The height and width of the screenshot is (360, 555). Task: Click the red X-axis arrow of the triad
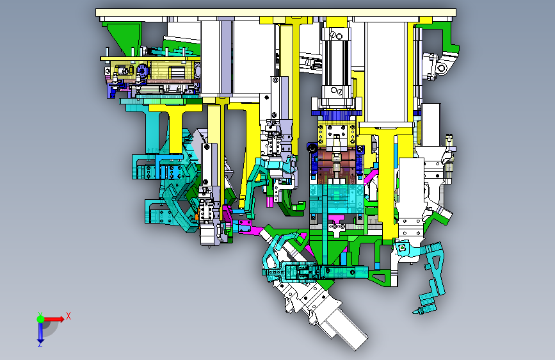coord(54,319)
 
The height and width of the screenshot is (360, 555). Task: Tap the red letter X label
coord(68,316)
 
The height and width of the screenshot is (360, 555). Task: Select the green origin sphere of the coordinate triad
coord(40,319)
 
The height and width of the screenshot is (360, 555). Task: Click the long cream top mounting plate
coord(276,12)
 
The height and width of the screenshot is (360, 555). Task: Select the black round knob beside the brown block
coord(312,148)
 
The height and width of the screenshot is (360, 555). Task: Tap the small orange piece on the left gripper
coord(197,216)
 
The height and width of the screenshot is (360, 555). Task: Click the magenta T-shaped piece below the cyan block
coord(336,225)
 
